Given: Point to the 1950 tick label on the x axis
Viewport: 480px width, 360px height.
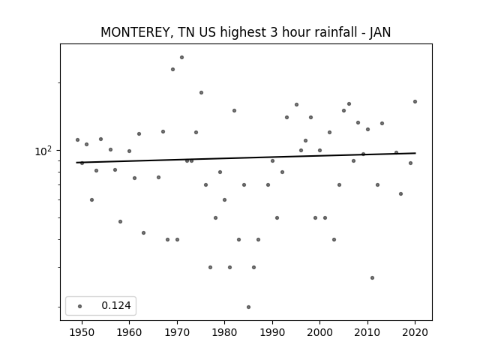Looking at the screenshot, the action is pos(82,332).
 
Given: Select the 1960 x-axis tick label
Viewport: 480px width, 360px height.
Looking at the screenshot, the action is pos(129,332).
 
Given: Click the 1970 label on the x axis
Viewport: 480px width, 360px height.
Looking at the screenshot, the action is pos(177,332).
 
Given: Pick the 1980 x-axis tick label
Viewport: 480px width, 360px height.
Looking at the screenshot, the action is pos(224,332).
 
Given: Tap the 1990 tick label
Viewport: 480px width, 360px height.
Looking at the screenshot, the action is pos(272,332).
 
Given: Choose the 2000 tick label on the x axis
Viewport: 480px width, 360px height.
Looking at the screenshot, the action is pos(319,332).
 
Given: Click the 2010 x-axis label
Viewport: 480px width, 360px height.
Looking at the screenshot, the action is pos(367,332).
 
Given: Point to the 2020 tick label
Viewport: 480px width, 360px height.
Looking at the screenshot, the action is pos(415,332).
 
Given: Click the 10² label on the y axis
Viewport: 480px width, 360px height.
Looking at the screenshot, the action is pos(43,151).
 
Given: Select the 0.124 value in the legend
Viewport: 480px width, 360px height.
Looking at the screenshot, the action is pos(116,305).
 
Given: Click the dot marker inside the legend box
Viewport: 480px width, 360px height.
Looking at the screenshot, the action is pos(80,306).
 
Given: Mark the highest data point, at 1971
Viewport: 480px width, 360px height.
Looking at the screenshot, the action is pos(181,57).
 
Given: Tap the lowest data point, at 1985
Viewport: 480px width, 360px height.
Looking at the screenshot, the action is pos(248,307).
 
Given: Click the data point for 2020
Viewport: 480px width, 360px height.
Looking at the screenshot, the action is pos(415,102).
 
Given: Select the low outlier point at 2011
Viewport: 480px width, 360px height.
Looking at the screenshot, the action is pos(372,278).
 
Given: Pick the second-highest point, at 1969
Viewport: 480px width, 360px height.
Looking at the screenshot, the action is pos(172,70).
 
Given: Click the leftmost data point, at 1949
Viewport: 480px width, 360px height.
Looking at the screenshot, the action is pos(77,140).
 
